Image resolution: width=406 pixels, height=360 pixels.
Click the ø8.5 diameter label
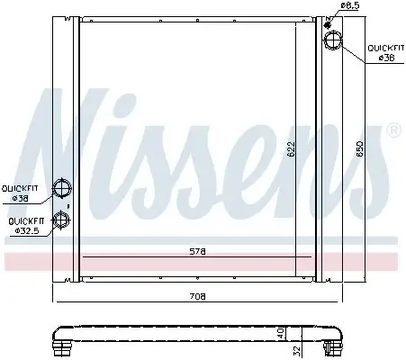(351, 7)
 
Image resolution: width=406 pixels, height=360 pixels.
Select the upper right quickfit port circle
(332, 41)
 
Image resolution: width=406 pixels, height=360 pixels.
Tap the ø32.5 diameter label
(26, 231)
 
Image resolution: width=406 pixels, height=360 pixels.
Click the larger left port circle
(63, 189)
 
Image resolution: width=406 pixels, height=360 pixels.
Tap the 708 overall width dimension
(198, 295)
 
